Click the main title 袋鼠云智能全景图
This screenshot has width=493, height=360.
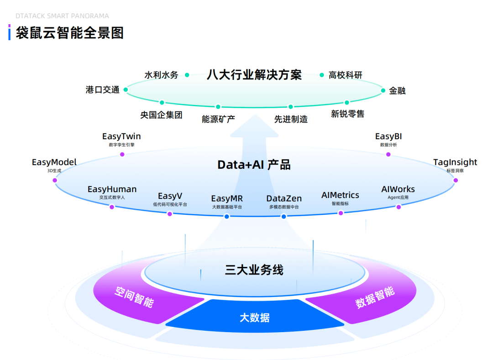(x=70, y=32)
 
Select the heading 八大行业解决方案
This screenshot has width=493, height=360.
(x=254, y=74)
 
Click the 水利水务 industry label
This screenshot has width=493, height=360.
(x=161, y=75)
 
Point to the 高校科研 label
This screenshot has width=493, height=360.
(x=346, y=75)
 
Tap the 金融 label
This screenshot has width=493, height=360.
(x=397, y=90)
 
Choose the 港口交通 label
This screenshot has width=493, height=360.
(x=102, y=89)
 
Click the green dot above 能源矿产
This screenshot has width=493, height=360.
(x=218, y=107)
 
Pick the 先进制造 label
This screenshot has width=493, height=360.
(x=291, y=119)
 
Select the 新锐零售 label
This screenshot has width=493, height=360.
(x=347, y=114)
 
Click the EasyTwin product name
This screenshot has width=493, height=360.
(x=121, y=136)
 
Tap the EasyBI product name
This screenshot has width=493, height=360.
(x=388, y=136)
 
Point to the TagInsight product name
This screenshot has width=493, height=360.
(x=455, y=162)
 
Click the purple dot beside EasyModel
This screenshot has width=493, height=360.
(x=55, y=180)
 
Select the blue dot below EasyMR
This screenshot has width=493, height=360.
(x=227, y=216)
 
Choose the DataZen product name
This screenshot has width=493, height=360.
(x=284, y=198)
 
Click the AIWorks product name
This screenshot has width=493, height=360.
(x=398, y=189)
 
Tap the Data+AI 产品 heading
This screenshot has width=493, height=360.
(x=254, y=165)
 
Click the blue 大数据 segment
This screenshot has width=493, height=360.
(x=254, y=318)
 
